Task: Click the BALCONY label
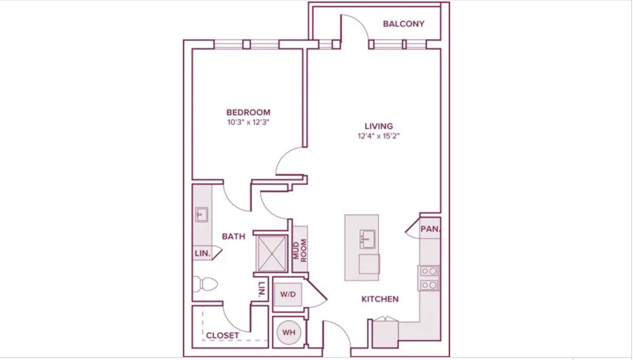tap(404, 24)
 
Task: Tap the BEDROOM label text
tap(248, 112)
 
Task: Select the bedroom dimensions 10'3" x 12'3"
tap(248, 122)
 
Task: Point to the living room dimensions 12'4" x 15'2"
tap(379, 136)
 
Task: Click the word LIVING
tap(379, 126)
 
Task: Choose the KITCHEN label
tap(380, 299)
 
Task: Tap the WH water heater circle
tap(288, 332)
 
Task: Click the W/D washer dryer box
tap(288, 294)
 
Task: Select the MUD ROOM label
tap(300, 251)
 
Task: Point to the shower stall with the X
tap(272, 253)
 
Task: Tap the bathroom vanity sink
tap(201, 215)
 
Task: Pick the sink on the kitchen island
tap(368, 239)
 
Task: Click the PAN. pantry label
tap(430, 229)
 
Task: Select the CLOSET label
tap(222, 336)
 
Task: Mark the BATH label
tap(233, 236)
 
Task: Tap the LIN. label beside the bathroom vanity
tap(203, 253)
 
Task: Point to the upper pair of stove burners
tap(429, 271)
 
